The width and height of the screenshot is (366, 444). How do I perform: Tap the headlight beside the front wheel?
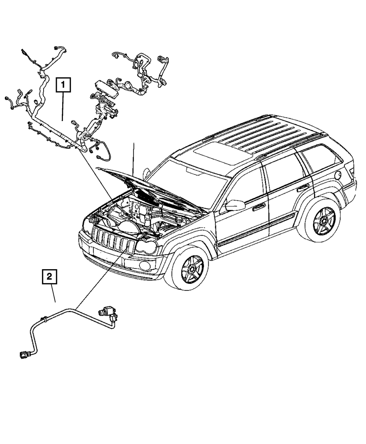click(x=146, y=249)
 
